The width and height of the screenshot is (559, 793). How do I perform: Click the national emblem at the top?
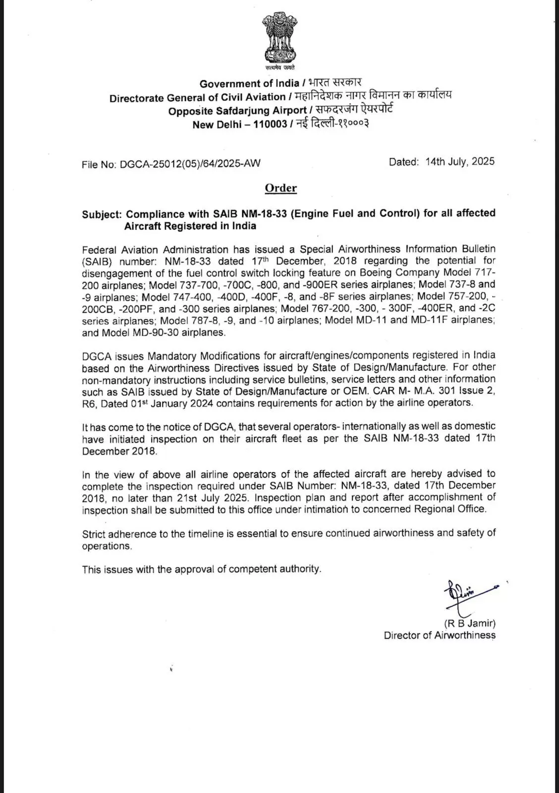pos(279,40)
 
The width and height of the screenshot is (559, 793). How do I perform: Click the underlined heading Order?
pos(280,188)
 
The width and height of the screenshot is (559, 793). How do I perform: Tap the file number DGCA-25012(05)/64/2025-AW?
pos(190,164)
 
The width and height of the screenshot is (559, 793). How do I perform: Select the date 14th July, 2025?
pos(459,162)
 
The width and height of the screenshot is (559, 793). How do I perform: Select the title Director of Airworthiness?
pos(439,635)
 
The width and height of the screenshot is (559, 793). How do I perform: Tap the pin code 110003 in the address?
pos(270,124)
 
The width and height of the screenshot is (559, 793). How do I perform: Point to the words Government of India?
pos(249,83)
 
